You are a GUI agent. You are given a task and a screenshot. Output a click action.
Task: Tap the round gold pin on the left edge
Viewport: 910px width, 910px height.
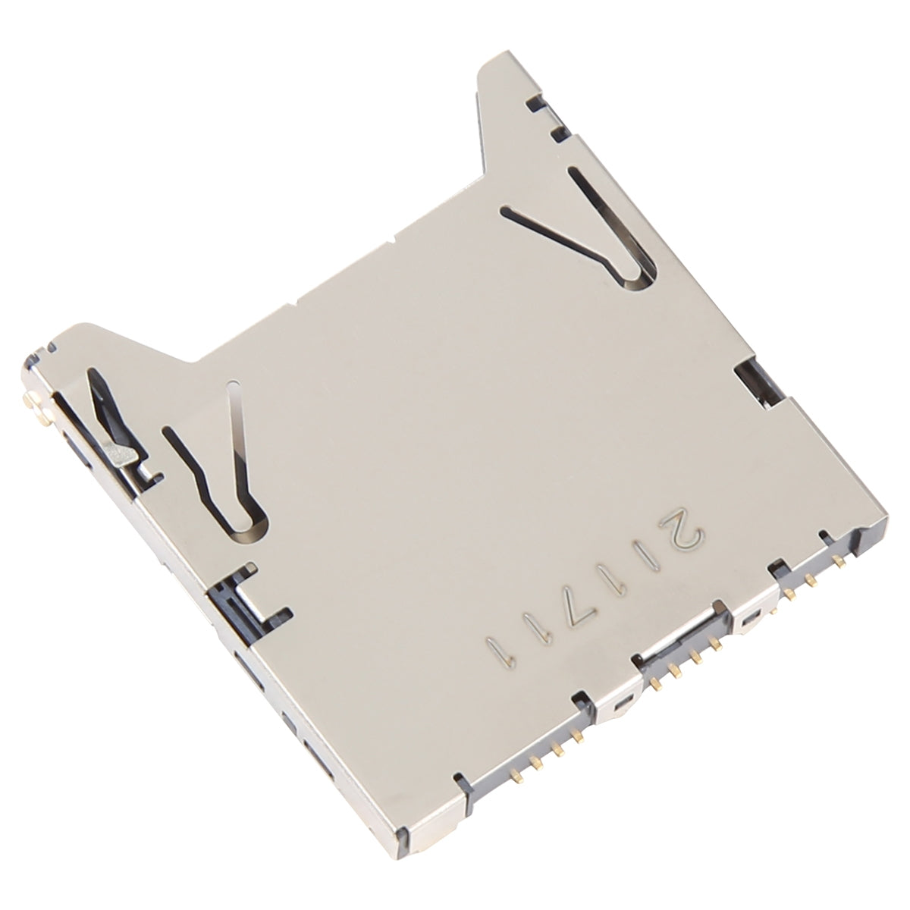point(33,400)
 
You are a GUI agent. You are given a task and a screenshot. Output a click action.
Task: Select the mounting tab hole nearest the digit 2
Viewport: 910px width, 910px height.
point(750,620)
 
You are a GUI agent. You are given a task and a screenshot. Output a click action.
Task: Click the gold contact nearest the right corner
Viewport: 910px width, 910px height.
point(838,562)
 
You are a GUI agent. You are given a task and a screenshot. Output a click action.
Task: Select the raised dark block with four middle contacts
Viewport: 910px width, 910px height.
point(682,652)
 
